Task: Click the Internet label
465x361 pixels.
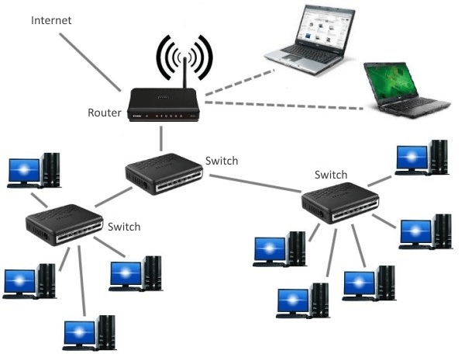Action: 51,19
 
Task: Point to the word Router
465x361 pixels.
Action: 105,113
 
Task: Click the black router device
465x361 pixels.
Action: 164,105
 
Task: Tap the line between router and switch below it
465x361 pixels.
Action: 162,137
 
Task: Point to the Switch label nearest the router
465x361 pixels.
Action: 222,161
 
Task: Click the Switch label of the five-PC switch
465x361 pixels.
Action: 331,175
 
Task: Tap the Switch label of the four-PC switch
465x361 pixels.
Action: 124,227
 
